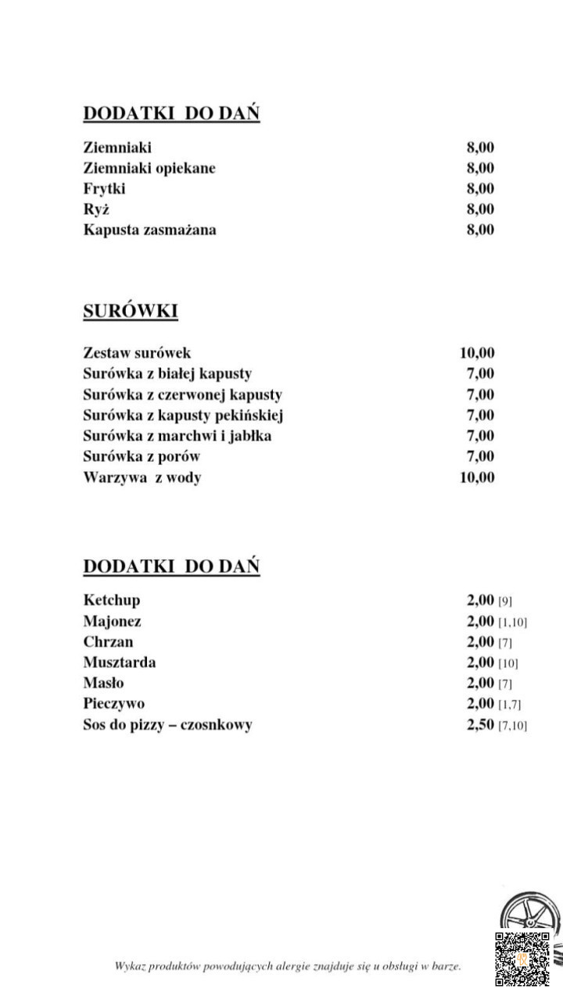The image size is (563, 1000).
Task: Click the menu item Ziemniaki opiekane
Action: (149, 168)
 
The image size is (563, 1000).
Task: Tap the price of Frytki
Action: (480, 188)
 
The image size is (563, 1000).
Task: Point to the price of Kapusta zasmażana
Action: (480, 230)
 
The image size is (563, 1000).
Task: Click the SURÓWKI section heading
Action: (131, 311)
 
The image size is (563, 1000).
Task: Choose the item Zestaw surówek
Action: (137, 352)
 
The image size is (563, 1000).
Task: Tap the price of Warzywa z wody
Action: (477, 477)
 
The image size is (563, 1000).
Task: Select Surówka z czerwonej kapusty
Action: (183, 395)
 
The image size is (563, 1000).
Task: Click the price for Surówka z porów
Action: (480, 456)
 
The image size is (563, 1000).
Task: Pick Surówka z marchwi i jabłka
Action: (178, 436)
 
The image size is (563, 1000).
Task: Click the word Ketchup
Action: (112, 600)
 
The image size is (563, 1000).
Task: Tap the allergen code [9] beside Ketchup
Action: (505, 601)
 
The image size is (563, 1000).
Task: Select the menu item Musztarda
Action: (120, 662)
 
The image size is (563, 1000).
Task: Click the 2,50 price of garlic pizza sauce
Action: (480, 724)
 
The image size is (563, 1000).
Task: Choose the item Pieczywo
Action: (114, 704)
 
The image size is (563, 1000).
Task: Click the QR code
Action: (522, 959)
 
